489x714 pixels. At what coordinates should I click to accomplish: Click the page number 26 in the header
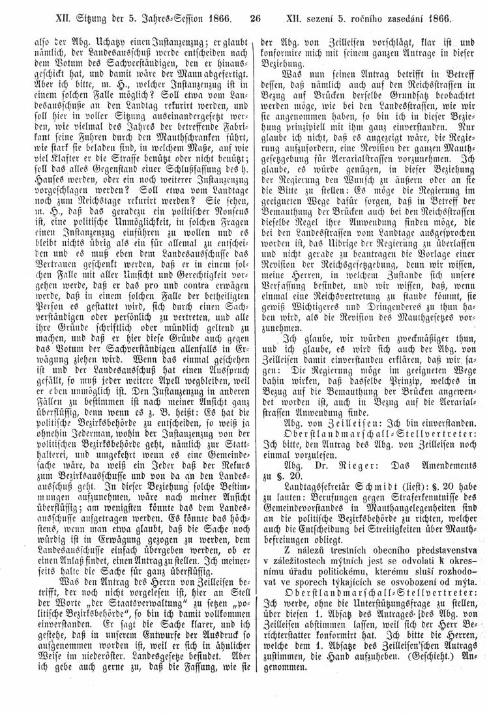click(x=256, y=12)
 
